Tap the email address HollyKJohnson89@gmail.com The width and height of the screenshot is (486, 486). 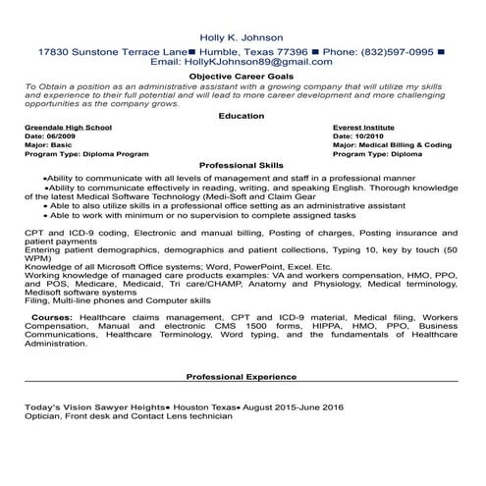click(x=249, y=61)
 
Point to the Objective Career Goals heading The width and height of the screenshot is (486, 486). click(x=242, y=75)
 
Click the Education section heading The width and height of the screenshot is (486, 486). click(x=242, y=115)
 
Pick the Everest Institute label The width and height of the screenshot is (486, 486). click(x=367, y=128)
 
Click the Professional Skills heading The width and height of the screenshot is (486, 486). click(x=242, y=165)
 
